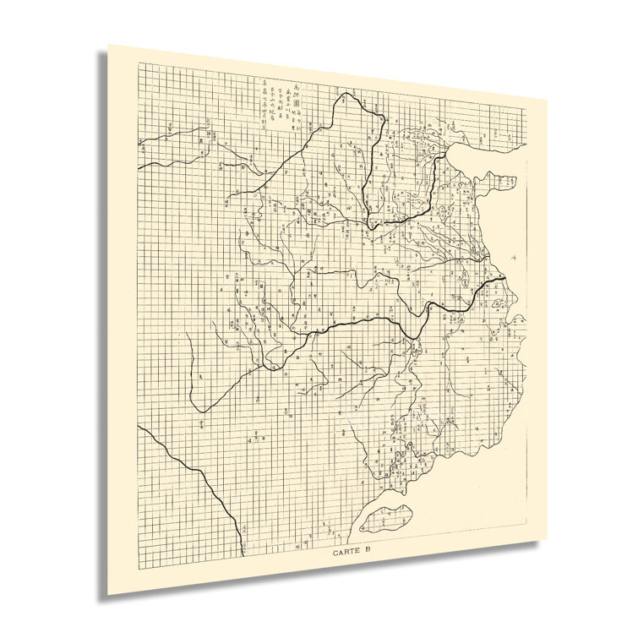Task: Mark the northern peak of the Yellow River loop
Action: (x=346, y=96)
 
